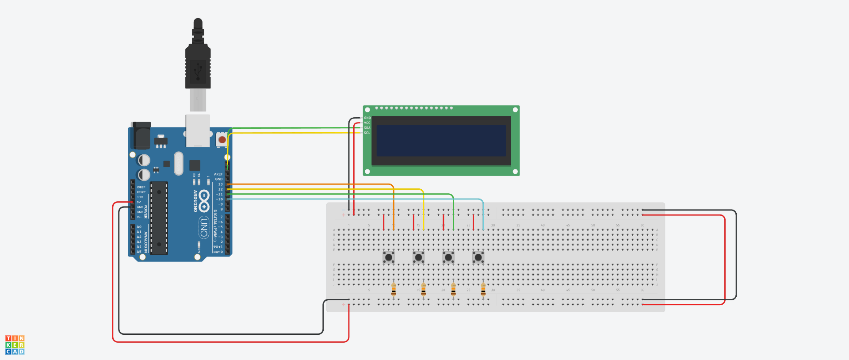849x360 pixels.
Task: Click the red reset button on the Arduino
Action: pos(222,140)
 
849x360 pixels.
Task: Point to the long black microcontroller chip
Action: pos(159,218)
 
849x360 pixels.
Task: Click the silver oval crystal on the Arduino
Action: pos(178,163)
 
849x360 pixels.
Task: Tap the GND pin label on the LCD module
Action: pos(367,118)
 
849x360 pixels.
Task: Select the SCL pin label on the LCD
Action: pos(367,133)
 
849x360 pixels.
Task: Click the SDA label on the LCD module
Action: pos(367,128)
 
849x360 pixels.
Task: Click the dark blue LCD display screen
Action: pos(441,140)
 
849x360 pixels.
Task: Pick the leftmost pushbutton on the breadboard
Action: pos(389,257)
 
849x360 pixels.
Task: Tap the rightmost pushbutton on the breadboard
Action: pos(478,257)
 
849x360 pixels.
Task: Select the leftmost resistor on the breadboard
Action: pos(394,290)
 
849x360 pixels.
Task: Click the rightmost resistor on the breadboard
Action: pos(483,290)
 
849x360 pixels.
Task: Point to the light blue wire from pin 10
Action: pos(354,199)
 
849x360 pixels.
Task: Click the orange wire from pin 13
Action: pos(310,184)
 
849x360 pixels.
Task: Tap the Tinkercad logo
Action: pos(15,345)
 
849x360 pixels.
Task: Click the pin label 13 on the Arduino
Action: pos(220,184)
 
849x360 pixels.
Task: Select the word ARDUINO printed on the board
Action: pos(195,201)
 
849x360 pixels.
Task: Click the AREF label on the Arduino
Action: pos(218,174)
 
